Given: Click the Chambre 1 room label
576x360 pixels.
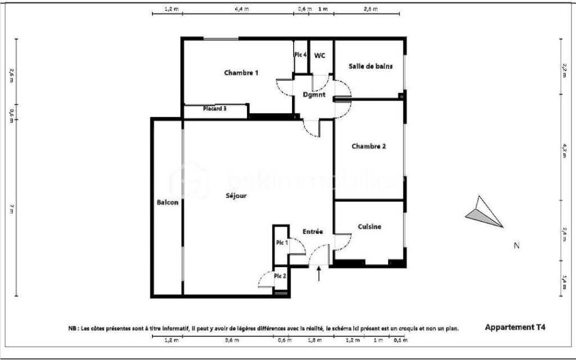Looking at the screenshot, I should (241, 73).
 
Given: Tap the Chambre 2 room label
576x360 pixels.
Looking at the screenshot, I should (368, 147).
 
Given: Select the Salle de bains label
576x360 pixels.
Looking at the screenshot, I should (370, 66).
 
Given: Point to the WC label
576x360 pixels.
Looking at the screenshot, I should (319, 55).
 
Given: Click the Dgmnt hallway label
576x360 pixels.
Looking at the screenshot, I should (314, 95).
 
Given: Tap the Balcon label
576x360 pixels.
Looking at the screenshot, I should (168, 202).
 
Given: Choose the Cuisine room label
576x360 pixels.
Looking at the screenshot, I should (370, 227).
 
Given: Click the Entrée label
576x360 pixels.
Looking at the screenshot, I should (312, 231).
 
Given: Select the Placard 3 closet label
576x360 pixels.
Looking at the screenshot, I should (214, 109).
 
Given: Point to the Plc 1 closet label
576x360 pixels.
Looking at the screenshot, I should (281, 242).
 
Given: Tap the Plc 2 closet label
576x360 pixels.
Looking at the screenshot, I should (280, 276).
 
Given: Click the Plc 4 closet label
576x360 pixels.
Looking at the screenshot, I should (300, 55).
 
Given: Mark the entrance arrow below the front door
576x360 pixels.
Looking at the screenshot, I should (319, 274).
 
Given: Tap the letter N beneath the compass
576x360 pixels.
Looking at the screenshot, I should (516, 245).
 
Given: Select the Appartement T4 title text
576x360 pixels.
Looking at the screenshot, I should (515, 327).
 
